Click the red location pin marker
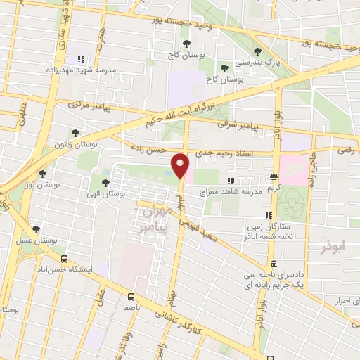[181, 165]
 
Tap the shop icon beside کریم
[273, 178]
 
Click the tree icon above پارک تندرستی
[257, 51]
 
